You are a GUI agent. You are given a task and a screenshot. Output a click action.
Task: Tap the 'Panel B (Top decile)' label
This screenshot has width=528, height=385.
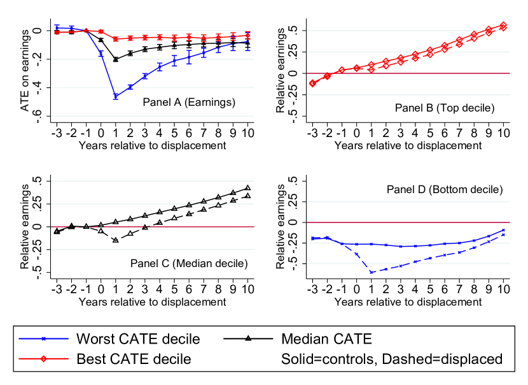coord(444,108)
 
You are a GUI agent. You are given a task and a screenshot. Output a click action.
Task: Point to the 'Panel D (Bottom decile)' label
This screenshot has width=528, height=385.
coord(445,189)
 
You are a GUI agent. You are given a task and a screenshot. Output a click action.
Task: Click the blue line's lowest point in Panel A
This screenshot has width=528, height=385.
coord(116,96)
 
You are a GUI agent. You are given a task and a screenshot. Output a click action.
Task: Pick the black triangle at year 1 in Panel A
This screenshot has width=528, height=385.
coord(116,59)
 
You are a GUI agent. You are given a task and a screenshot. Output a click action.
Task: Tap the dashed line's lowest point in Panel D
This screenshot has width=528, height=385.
coord(372,272)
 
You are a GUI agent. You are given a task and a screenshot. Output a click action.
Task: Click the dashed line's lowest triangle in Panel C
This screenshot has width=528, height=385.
coord(116,240)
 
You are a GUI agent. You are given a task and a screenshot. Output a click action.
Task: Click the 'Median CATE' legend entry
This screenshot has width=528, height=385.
coord(330,337)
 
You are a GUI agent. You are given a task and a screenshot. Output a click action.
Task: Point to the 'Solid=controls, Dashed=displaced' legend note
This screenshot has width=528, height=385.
coord(392,360)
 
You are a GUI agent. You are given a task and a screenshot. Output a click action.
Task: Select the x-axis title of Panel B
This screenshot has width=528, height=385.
coord(408,145)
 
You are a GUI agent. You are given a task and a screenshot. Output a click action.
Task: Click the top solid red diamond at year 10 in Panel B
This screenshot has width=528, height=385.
coord(503,25)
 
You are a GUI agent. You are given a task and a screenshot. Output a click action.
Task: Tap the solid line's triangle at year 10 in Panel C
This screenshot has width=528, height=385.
coord(247,188)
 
